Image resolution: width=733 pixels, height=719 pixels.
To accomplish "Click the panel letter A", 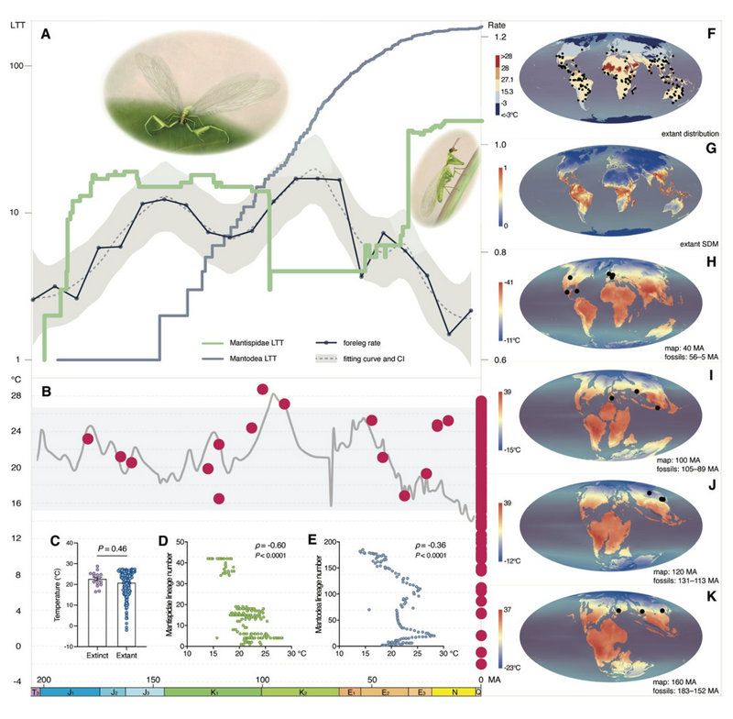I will [x=45, y=36].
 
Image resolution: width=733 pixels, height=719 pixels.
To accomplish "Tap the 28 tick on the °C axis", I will [x=16, y=395].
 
